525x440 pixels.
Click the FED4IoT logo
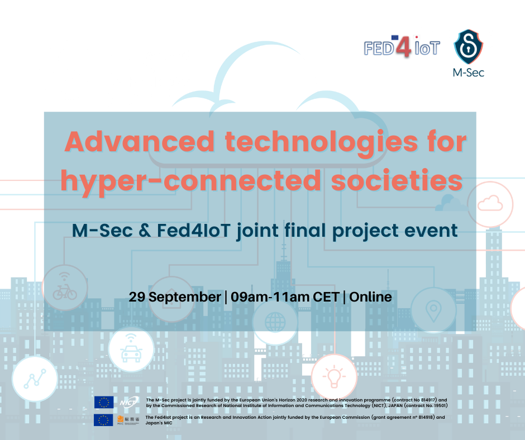(402, 46)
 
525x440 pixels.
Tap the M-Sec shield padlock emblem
(468, 46)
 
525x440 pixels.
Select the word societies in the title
(397, 180)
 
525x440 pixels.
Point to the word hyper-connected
(191, 181)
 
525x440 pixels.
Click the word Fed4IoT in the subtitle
(194, 231)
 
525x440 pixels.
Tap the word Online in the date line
(370, 297)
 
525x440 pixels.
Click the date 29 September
(175, 298)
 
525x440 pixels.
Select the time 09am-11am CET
(285, 297)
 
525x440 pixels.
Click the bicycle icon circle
(65, 288)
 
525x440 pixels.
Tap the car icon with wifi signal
(131, 348)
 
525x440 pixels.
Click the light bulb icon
(334, 376)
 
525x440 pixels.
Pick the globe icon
(275, 322)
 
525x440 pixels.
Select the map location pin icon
(433, 310)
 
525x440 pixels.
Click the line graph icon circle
(35, 379)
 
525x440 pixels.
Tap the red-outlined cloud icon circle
(490, 204)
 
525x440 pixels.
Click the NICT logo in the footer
(130, 402)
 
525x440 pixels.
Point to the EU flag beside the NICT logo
(104, 402)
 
